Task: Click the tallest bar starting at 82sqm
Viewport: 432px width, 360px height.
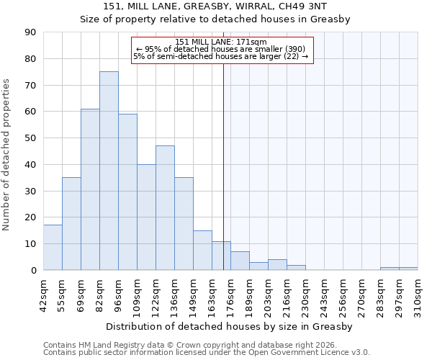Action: [109, 171]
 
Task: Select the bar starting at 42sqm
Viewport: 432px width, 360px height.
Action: [53, 248]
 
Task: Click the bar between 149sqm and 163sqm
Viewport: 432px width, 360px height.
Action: [202, 250]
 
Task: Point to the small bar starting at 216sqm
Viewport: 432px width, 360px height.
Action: [296, 267]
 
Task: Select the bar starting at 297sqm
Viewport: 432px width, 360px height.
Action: [408, 269]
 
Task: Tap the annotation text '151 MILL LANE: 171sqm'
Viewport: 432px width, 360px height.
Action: [221, 42]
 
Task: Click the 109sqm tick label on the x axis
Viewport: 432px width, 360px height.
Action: [138, 294]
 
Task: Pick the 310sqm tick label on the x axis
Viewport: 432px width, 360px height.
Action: [418, 294]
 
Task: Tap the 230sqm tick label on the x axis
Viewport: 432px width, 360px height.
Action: [306, 294]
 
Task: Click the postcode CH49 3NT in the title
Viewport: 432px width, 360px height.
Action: [323, 6]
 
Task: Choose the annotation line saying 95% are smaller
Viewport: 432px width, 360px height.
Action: [221, 49]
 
